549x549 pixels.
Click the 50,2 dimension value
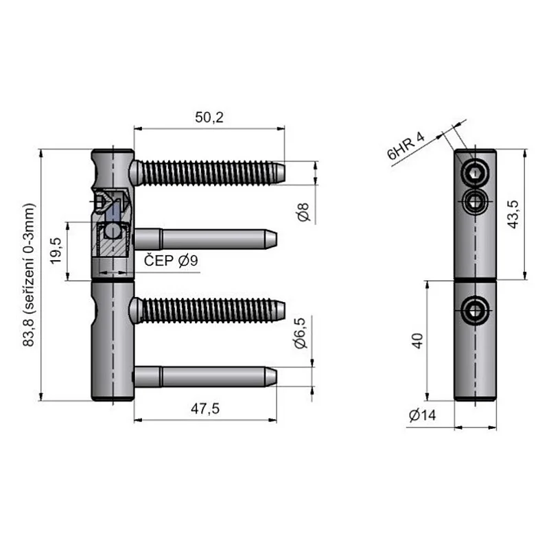pyautogui.click(x=209, y=117)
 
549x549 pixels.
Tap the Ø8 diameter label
pyautogui.click(x=305, y=212)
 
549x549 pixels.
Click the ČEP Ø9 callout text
pyautogui.click(x=171, y=261)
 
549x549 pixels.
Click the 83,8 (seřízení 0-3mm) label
pyautogui.click(x=28, y=274)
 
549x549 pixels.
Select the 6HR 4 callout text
pyautogui.click(x=406, y=145)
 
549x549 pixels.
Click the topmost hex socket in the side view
pyautogui.click(x=476, y=173)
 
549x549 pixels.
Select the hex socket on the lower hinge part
pyautogui.click(x=476, y=312)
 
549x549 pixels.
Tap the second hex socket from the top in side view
pyautogui.click(x=476, y=201)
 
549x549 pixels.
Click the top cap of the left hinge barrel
pyautogui.click(x=113, y=152)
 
